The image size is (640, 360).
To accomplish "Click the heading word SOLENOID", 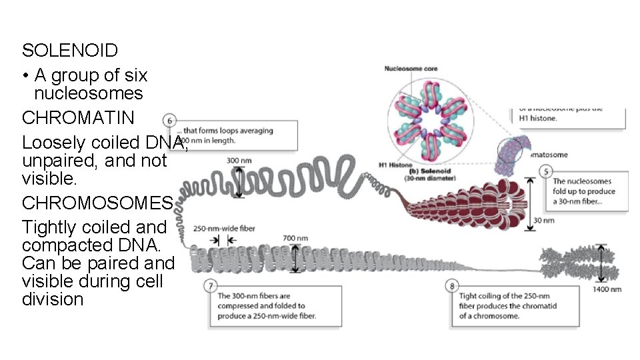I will click(x=70, y=50).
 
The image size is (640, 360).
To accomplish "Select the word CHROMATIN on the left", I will click(x=78, y=118).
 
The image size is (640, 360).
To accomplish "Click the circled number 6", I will click(x=171, y=121).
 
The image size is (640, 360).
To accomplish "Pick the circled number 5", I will click(x=547, y=172).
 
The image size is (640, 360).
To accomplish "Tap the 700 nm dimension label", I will click(x=295, y=237).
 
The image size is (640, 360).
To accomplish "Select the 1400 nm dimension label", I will click(x=607, y=289).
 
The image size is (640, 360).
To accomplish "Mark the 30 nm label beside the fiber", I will click(x=545, y=220).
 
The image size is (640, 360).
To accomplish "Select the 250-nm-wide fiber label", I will click(x=225, y=228).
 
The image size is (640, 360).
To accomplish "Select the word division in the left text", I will click(x=53, y=299).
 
